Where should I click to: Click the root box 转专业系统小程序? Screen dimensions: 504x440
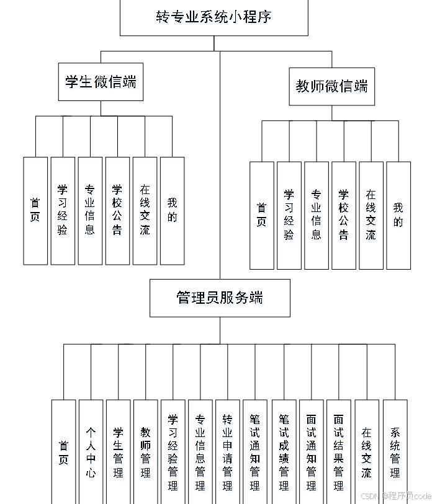point(213,17)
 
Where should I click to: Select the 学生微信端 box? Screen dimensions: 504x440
point(101,82)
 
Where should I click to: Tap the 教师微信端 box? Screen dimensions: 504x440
point(331,86)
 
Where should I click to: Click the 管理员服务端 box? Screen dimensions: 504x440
point(219,298)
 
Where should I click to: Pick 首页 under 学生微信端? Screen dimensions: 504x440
point(35,210)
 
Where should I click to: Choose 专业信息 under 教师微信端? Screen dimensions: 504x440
point(317,215)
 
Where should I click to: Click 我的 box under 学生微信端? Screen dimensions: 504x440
point(172,210)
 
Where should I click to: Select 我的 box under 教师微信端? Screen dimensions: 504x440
point(398,215)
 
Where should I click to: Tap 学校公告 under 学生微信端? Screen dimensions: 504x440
point(117,210)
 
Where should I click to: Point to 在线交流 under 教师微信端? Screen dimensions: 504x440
point(370,215)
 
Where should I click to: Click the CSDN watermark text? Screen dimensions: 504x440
point(395,496)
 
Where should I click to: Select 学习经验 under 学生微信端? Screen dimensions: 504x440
point(63,210)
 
